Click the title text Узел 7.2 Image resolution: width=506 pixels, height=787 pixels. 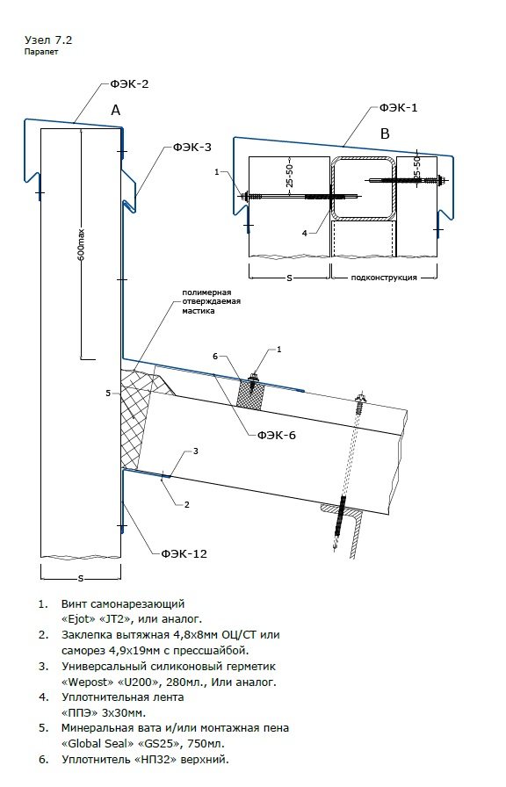point(45,40)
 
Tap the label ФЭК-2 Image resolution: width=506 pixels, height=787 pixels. point(129,83)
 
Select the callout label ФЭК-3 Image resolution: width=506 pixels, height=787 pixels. point(192,147)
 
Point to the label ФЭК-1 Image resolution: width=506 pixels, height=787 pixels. point(399,107)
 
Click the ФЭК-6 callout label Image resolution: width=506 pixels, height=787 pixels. point(277,435)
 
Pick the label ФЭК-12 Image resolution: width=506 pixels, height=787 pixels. point(184,553)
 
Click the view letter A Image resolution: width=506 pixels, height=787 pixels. point(116,111)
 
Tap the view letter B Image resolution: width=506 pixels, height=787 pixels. point(385,134)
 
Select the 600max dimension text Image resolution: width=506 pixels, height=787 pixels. point(81,245)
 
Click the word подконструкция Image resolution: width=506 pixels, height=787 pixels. point(384,277)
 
